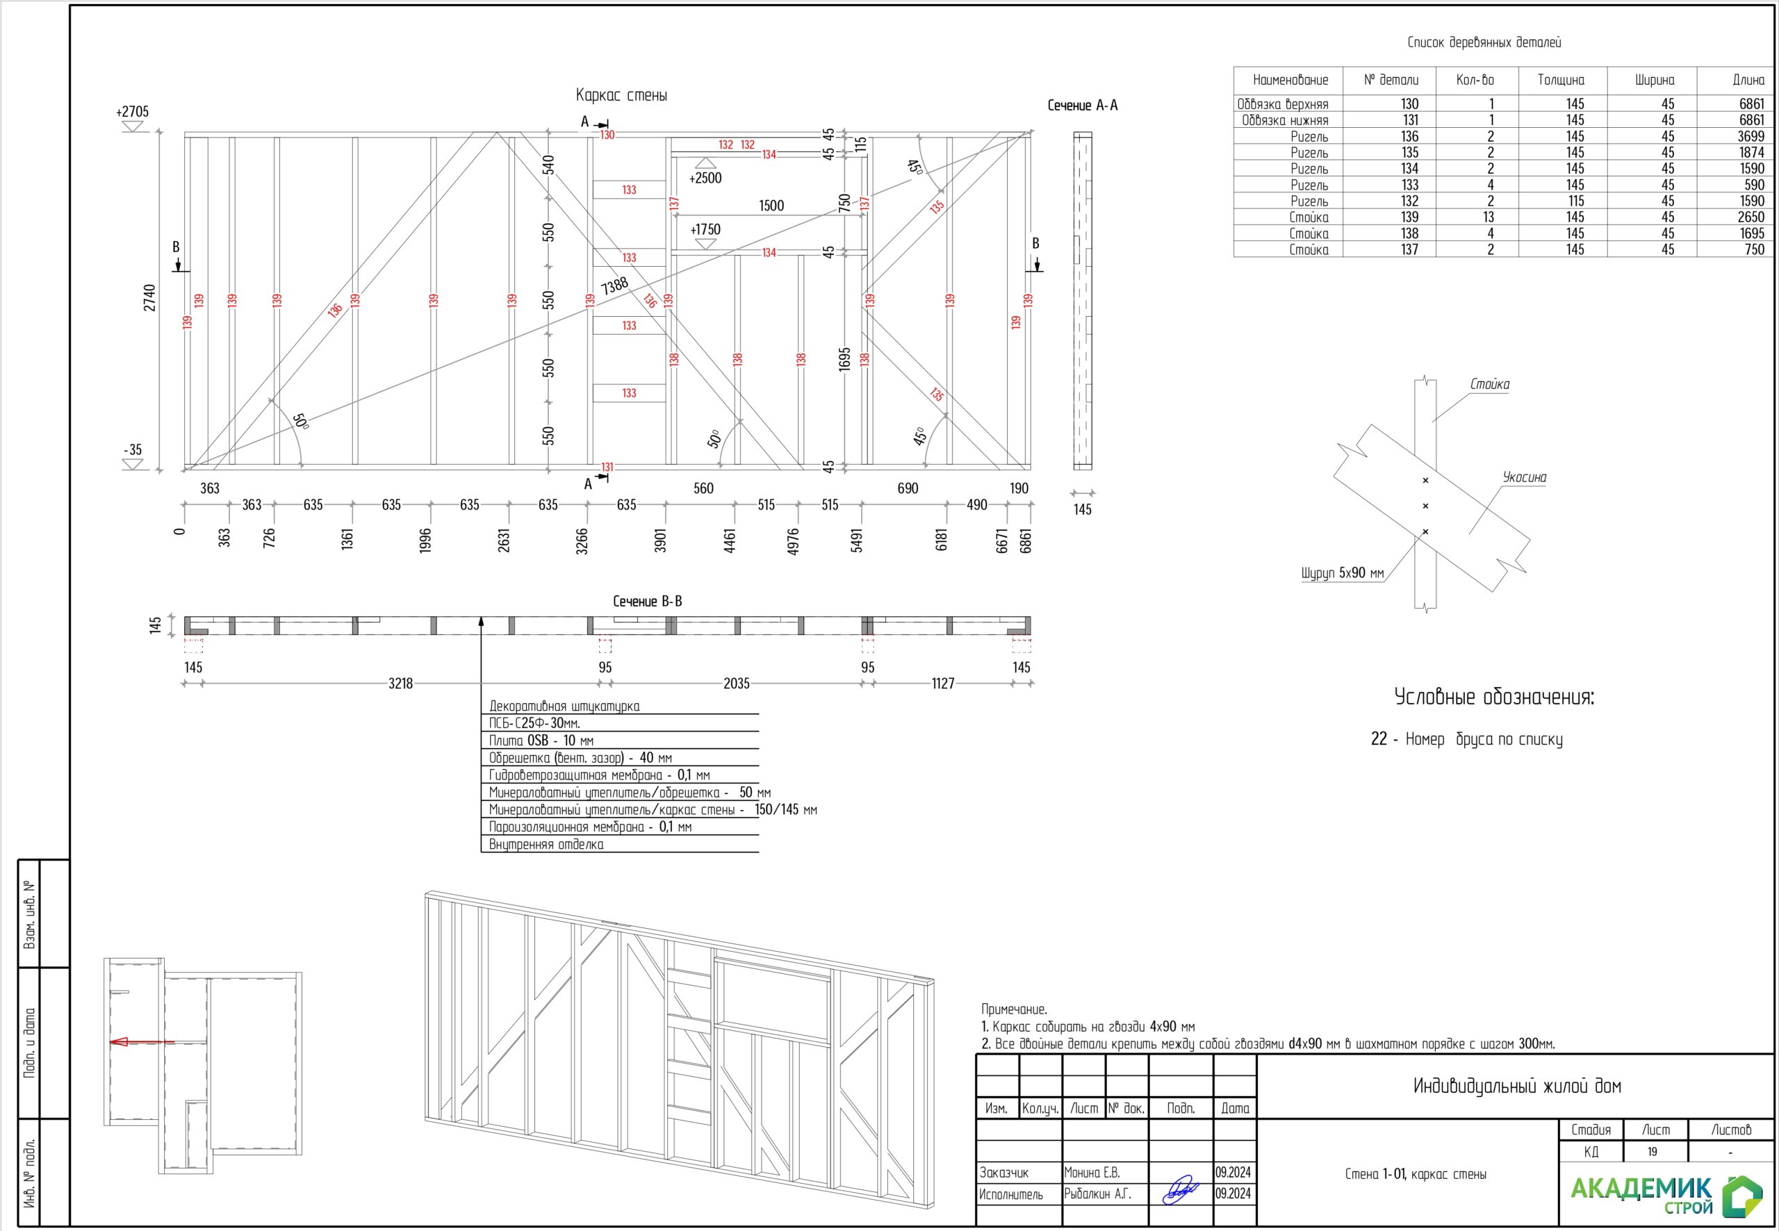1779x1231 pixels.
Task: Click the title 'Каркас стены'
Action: (x=621, y=96)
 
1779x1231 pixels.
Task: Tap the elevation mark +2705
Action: (x=132, y=112)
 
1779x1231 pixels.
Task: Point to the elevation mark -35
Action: (x=133, y=449)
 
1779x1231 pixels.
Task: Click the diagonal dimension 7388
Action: (x=615, y=286)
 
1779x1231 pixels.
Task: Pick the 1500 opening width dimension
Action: (x=771, y=206)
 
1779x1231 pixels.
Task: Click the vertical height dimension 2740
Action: (x=149, y=299)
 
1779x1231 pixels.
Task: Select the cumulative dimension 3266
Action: (x=582, y=540)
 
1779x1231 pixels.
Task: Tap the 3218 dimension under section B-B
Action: (x=400, y=684)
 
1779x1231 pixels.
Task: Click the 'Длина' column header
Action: (x=1748, y=80)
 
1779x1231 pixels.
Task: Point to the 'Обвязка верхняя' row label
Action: (x=1282, y=104)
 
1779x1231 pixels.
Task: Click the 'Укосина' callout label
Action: (x=1524, y=477)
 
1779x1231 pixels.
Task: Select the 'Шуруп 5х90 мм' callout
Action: (x=1342, y=573)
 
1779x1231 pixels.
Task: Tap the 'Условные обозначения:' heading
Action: (x=1493, y=697)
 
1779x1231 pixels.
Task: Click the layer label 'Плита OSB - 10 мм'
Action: (x=541, y=741)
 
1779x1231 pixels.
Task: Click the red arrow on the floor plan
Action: (x=121, y=1042)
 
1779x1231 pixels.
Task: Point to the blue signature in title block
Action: (x=1181, y=1189)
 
